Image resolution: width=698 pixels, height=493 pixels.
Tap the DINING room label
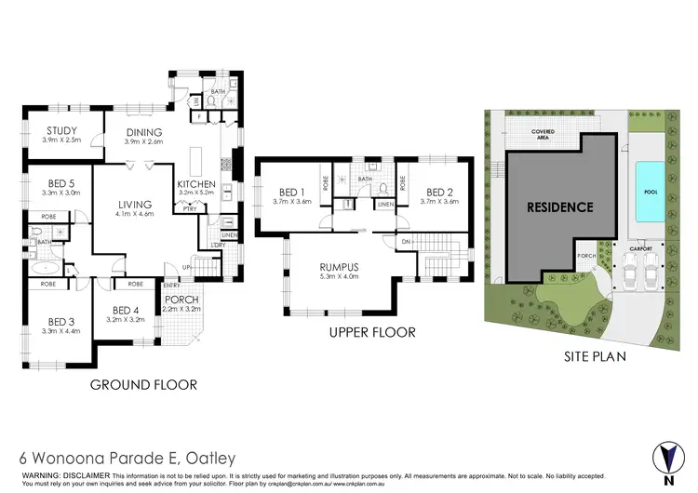tap(144, 132)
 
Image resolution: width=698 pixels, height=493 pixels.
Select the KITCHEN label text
tap(196, 184)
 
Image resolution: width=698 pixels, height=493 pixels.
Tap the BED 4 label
tap(125, 311)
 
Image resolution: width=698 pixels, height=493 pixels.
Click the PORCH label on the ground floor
tap(181, 300)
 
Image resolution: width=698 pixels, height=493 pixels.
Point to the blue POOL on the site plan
tap(649, 191)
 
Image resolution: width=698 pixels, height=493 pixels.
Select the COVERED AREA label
tap(549, 133)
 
